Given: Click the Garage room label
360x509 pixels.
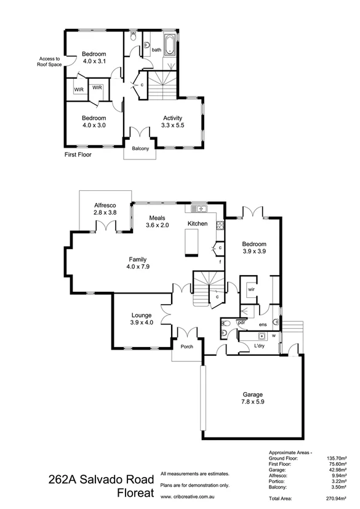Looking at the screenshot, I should click(x=252, y=394).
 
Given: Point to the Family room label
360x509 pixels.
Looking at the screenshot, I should click(x=138, y=259).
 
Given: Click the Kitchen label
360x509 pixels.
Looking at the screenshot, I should click(x=198, y=223).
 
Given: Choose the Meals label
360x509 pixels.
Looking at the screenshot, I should click(x=157, y=217).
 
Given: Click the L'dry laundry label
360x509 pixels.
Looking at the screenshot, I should click(x=260, y=347).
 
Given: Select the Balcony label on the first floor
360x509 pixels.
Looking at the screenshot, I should click(x=140, y=148).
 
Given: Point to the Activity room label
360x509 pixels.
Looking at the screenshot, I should click(x=173, y=118).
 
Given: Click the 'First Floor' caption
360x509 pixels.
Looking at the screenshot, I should click(x=78, y=155).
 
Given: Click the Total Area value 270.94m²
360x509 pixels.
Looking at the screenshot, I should click(x=337, y=499).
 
